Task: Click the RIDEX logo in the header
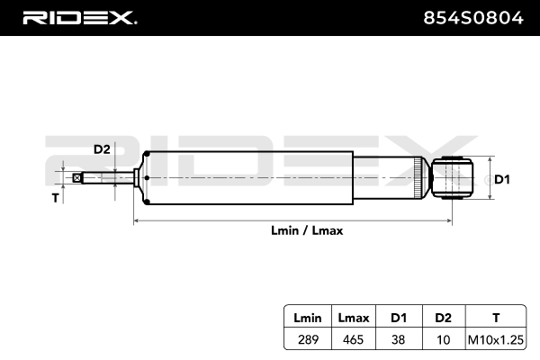coord(78,17)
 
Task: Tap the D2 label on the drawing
coord(102,149)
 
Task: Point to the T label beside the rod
coord(56,197)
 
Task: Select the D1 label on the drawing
coord(502,180)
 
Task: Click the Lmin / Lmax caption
coord(307,230)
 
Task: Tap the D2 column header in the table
coord(444,318)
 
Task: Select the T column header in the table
coord(494,318)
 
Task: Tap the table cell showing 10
coord(444,339)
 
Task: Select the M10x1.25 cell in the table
coord(494,339)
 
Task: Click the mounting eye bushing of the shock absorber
coord(452,177)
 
